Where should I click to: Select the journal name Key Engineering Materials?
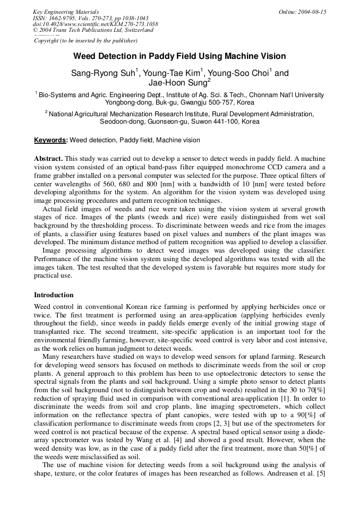66,12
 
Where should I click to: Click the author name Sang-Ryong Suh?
102,73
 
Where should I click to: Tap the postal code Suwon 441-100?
203,122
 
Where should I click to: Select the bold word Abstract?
48,159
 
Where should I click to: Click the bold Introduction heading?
54,295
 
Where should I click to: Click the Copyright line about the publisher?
85,40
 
